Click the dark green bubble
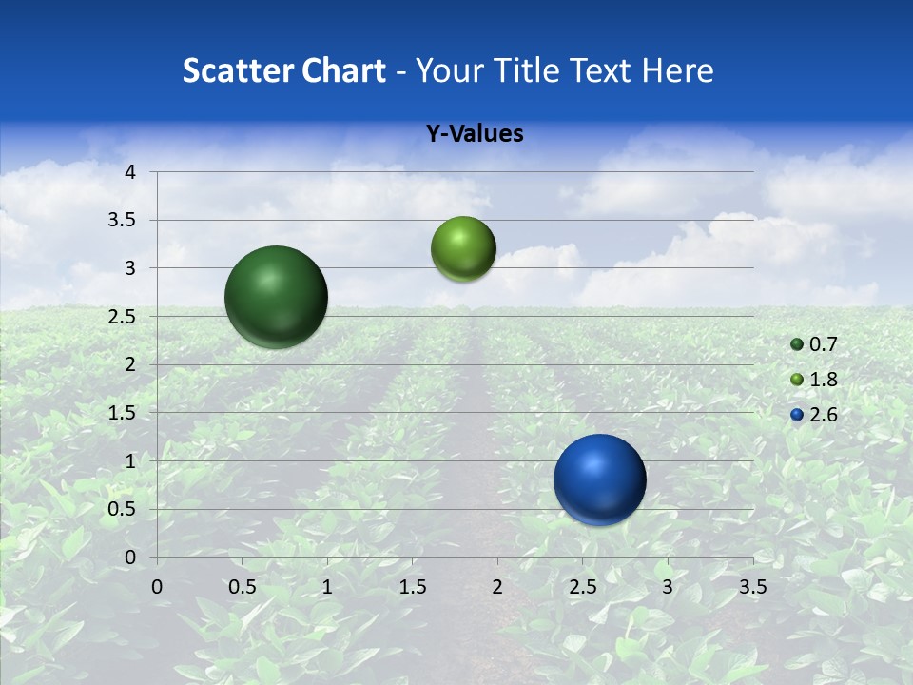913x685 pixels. coord(276,297)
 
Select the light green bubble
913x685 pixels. coord(463,249)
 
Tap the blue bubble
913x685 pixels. coord(599,479)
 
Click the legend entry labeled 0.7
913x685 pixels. coord(814,344)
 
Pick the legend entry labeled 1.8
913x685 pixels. coord(814,380)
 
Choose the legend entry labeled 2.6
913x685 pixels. coord(814,415)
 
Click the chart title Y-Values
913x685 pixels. coord(475,134)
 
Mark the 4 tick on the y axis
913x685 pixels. coord(130,172)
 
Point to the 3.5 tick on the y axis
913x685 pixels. coord(125,221)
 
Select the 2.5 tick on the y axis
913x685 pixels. coord(125,317)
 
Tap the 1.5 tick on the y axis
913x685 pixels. coord(125,413)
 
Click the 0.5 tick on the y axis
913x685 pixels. coord(125,509)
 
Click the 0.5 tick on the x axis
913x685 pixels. coord(242,587)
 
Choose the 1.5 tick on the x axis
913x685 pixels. coord(412,587)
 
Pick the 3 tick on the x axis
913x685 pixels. coord(668,587)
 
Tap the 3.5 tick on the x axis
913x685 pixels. coord(752,587)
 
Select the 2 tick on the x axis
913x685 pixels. coord(497,587)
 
